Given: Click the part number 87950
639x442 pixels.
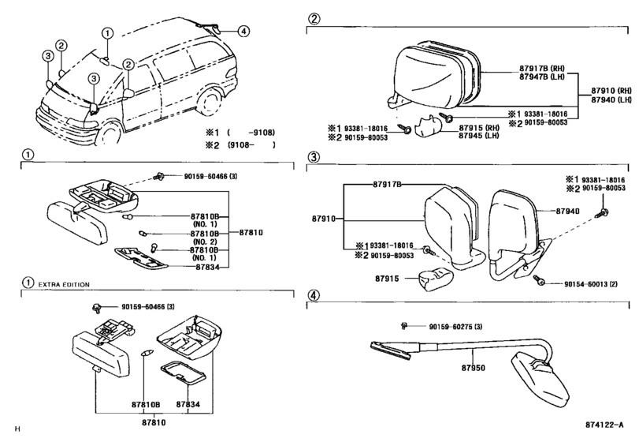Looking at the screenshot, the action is (473, 368).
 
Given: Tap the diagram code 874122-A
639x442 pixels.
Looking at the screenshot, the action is (604, 425).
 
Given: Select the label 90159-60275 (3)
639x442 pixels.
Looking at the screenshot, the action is (455, 327).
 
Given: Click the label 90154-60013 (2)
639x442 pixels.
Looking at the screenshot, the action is (590, 283).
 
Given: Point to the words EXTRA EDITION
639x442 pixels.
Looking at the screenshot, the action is (64, 284).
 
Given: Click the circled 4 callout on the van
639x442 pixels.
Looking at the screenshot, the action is (243, 31).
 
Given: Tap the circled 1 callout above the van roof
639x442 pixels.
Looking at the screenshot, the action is (107, 33).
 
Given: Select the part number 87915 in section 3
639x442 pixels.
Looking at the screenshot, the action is (387, 279).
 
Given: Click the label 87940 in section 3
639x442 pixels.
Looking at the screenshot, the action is (567, 211).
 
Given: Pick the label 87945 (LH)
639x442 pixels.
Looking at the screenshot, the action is (479, 136).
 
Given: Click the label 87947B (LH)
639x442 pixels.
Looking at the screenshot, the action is (542, 77).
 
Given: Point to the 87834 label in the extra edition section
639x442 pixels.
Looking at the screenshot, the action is (188, 404).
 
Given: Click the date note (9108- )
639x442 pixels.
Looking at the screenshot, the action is (251, 145).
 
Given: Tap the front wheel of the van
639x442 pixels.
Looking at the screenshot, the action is (108, 133).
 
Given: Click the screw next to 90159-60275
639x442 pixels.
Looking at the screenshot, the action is (404, 326).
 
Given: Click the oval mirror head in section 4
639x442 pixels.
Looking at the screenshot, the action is (540, 378).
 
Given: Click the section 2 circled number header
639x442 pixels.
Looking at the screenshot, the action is (314, 19).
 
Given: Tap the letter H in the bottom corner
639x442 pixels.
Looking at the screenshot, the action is (17, 429).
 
